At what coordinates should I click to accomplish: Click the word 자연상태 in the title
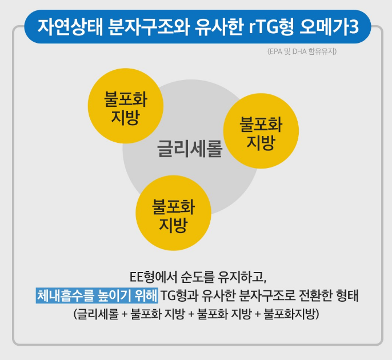point(69,26)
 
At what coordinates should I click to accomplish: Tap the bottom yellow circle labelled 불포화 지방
point(173,215)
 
